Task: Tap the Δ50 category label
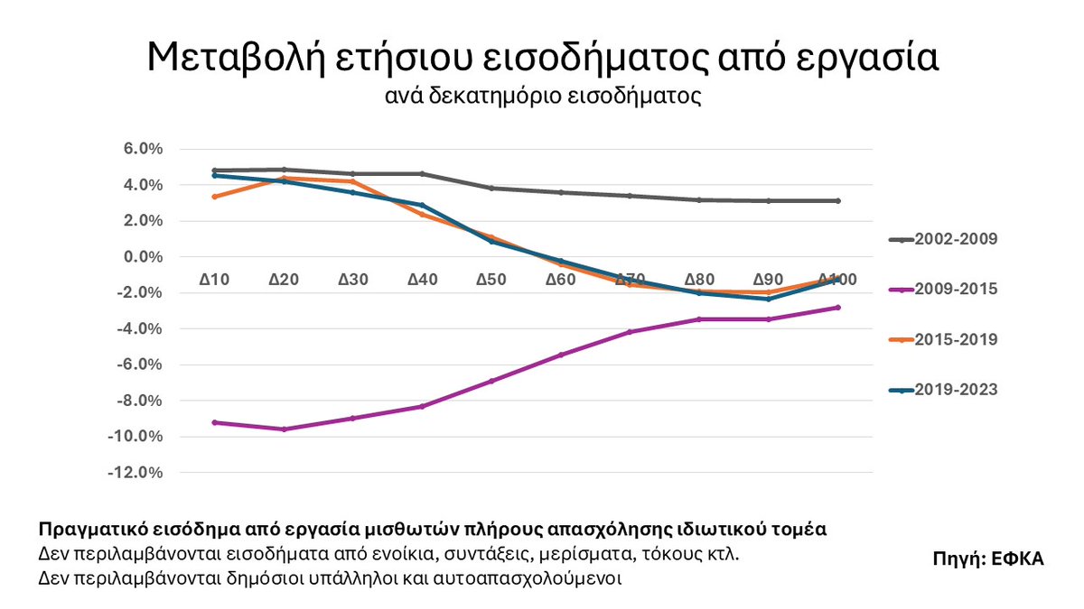point(491,280)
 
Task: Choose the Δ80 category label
point(700,280)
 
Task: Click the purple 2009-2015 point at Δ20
point(284,429)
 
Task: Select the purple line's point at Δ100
point(838,308)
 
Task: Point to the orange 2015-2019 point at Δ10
point(214,197)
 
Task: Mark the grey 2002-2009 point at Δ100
point(838,201)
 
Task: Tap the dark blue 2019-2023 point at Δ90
point(769,299)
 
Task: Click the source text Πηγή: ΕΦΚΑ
point(988,558)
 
